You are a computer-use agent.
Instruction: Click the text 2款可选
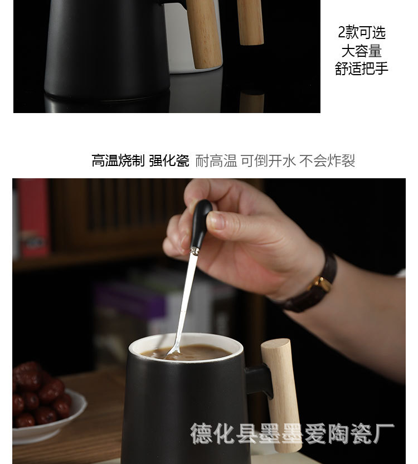click(362, 32)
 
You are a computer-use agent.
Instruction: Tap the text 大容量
click(362, 51)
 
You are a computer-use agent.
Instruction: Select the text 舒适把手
click(362, 69)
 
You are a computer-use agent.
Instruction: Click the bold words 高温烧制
click(118, 160)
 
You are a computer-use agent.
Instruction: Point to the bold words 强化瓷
click(169, 160)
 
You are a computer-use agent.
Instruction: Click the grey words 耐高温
click(216, 160)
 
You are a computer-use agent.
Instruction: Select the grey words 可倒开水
click(268, 160)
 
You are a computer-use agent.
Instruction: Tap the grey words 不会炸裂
click(327, 160)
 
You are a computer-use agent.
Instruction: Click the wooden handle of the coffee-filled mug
click(281, 394)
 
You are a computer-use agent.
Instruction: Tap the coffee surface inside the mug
click(187, 352)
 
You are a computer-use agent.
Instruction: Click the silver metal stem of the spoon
click(185, 299)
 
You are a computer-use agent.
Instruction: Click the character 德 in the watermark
click(201, 433)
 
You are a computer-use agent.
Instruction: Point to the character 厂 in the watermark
click(384, 433)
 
